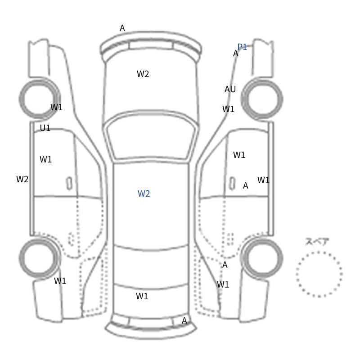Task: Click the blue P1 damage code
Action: pos(242,47)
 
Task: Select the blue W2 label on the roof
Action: pos(144,193)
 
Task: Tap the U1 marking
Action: pos(45,128)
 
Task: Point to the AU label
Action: pos(230,89)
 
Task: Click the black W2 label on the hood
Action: pos(143,74)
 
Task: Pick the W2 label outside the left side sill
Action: pos(22,179)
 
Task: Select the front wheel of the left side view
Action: pos(39,99)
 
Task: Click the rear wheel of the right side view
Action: pos(262,258)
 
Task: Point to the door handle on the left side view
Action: pos(69,183)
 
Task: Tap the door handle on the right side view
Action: pos(232,183)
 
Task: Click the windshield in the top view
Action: pos(151,137)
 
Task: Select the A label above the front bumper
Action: pos(122,28)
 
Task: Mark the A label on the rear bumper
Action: pos(184,320)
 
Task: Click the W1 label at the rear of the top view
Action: pos(142,296)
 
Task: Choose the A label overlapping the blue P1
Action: pos(235,53)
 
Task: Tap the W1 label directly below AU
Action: pos(228,109)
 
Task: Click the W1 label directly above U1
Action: pos(56,107)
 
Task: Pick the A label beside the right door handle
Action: pos(245,185)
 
